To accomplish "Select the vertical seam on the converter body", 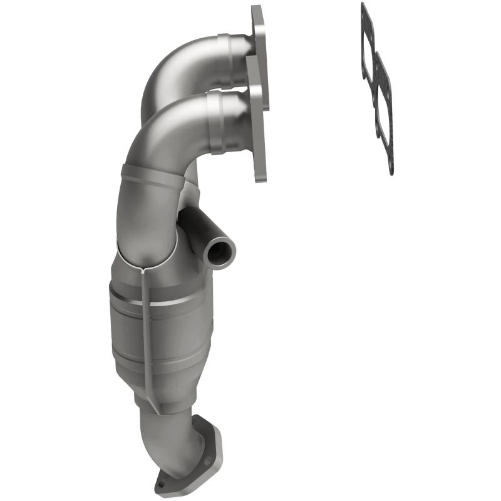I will (x=145, y=326).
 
